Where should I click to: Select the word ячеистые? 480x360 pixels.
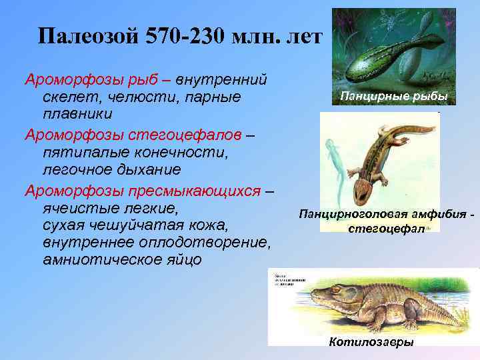click(x=72, y=207)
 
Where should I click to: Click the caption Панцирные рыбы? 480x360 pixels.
click(x=393, y=97)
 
